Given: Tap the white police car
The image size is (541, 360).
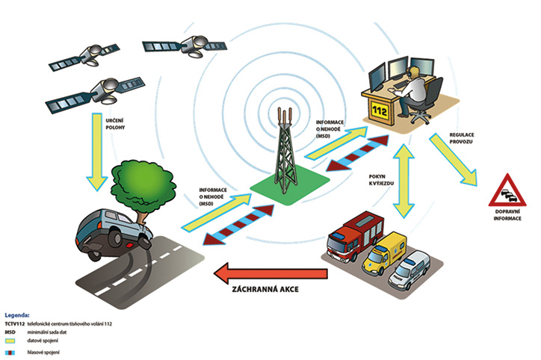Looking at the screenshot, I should [x=412, y=272].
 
